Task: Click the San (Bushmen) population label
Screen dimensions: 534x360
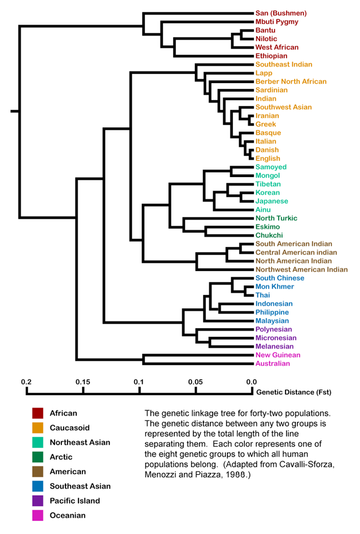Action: coord(281,13)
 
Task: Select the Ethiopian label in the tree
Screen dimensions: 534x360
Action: coord(272,56)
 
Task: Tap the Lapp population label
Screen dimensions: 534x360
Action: coord(264,73)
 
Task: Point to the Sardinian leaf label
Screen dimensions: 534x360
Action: coord(272,90)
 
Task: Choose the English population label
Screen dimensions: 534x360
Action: coord(268,159)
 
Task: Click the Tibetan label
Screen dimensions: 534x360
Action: coord(268,184)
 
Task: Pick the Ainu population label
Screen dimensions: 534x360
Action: coord(264,210)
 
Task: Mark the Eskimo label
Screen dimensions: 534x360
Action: coord(268,227)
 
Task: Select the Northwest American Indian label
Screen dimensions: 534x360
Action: coord(302,269)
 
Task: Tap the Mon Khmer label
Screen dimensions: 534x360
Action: coord(275,286)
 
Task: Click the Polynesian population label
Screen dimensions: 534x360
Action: coord(273,329)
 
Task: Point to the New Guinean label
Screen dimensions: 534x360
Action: coord(277,355)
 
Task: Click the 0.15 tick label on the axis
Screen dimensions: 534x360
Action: coord(83,382)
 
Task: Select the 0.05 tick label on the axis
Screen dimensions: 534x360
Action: coord(195,382)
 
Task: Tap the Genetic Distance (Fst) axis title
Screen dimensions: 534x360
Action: coord(294,392)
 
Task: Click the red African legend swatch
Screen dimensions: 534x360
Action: coord(38,413)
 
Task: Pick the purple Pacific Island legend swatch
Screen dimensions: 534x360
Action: coord(38,501)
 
